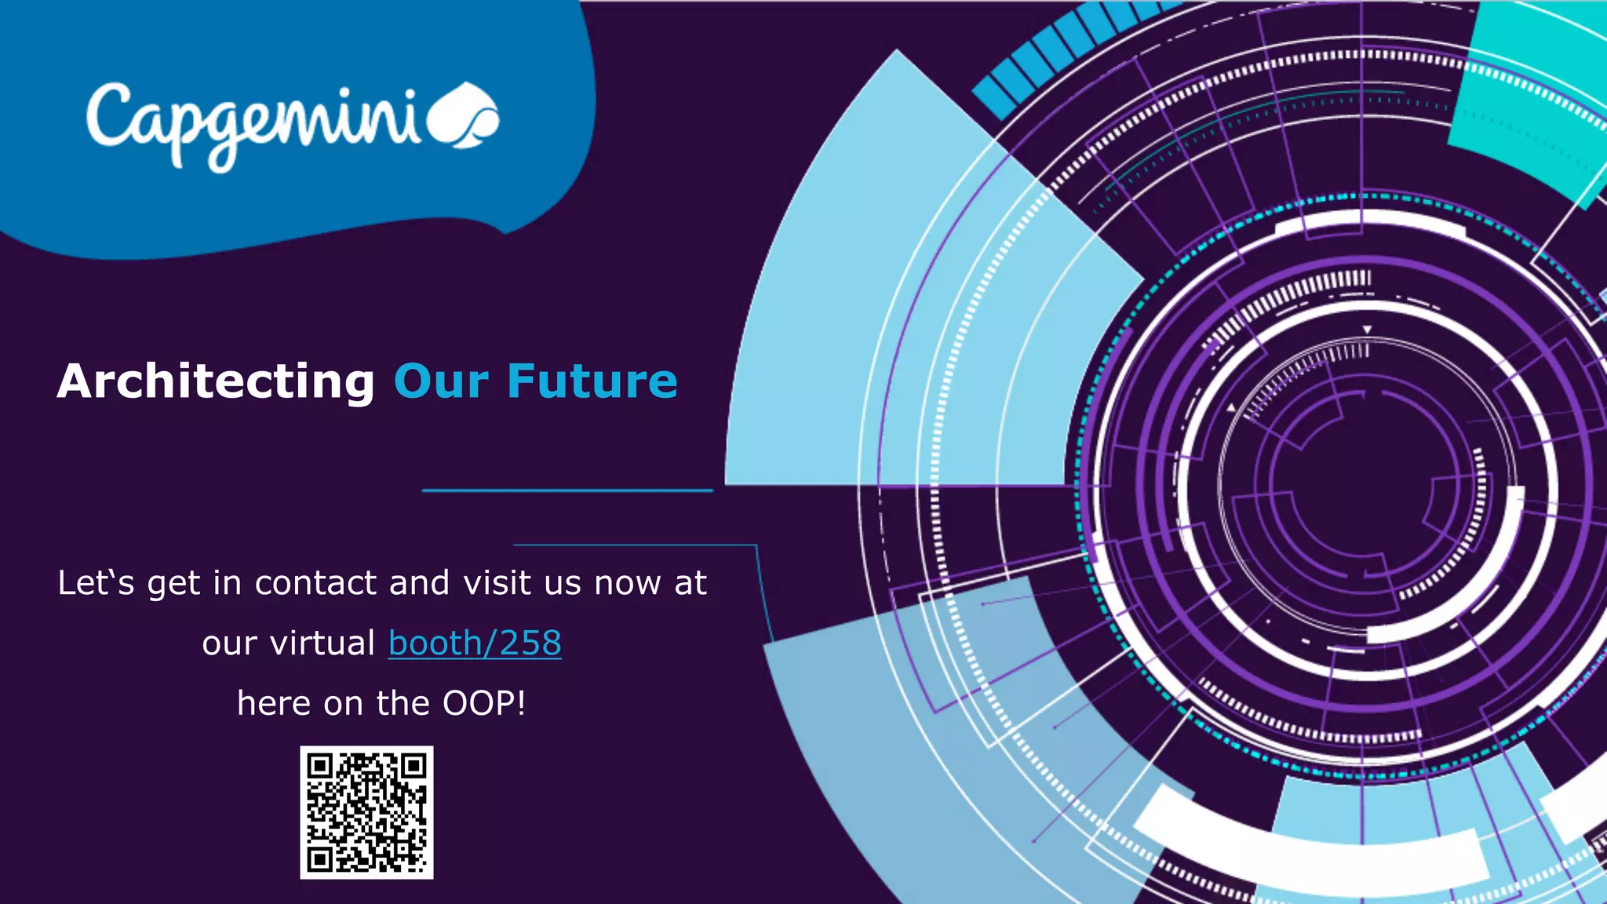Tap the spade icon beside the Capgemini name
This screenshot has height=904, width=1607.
pos(466,115)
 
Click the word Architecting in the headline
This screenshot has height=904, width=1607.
pos(216,381)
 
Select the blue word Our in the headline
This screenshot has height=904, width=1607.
pos(442,381)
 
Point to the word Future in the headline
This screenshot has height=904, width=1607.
pos(592,381)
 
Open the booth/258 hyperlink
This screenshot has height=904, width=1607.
pos(475,643)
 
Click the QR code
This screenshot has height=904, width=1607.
pos(366,812)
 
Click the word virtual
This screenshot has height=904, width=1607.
pos(322,643)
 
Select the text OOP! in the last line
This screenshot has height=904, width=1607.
pos(484,703)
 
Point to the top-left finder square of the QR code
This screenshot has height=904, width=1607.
pos(319,765)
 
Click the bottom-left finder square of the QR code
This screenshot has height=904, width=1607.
pos(319,860)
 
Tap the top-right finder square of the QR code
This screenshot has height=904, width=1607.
pos(414,765)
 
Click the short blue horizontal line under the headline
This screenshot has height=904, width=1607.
pos(567,490)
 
